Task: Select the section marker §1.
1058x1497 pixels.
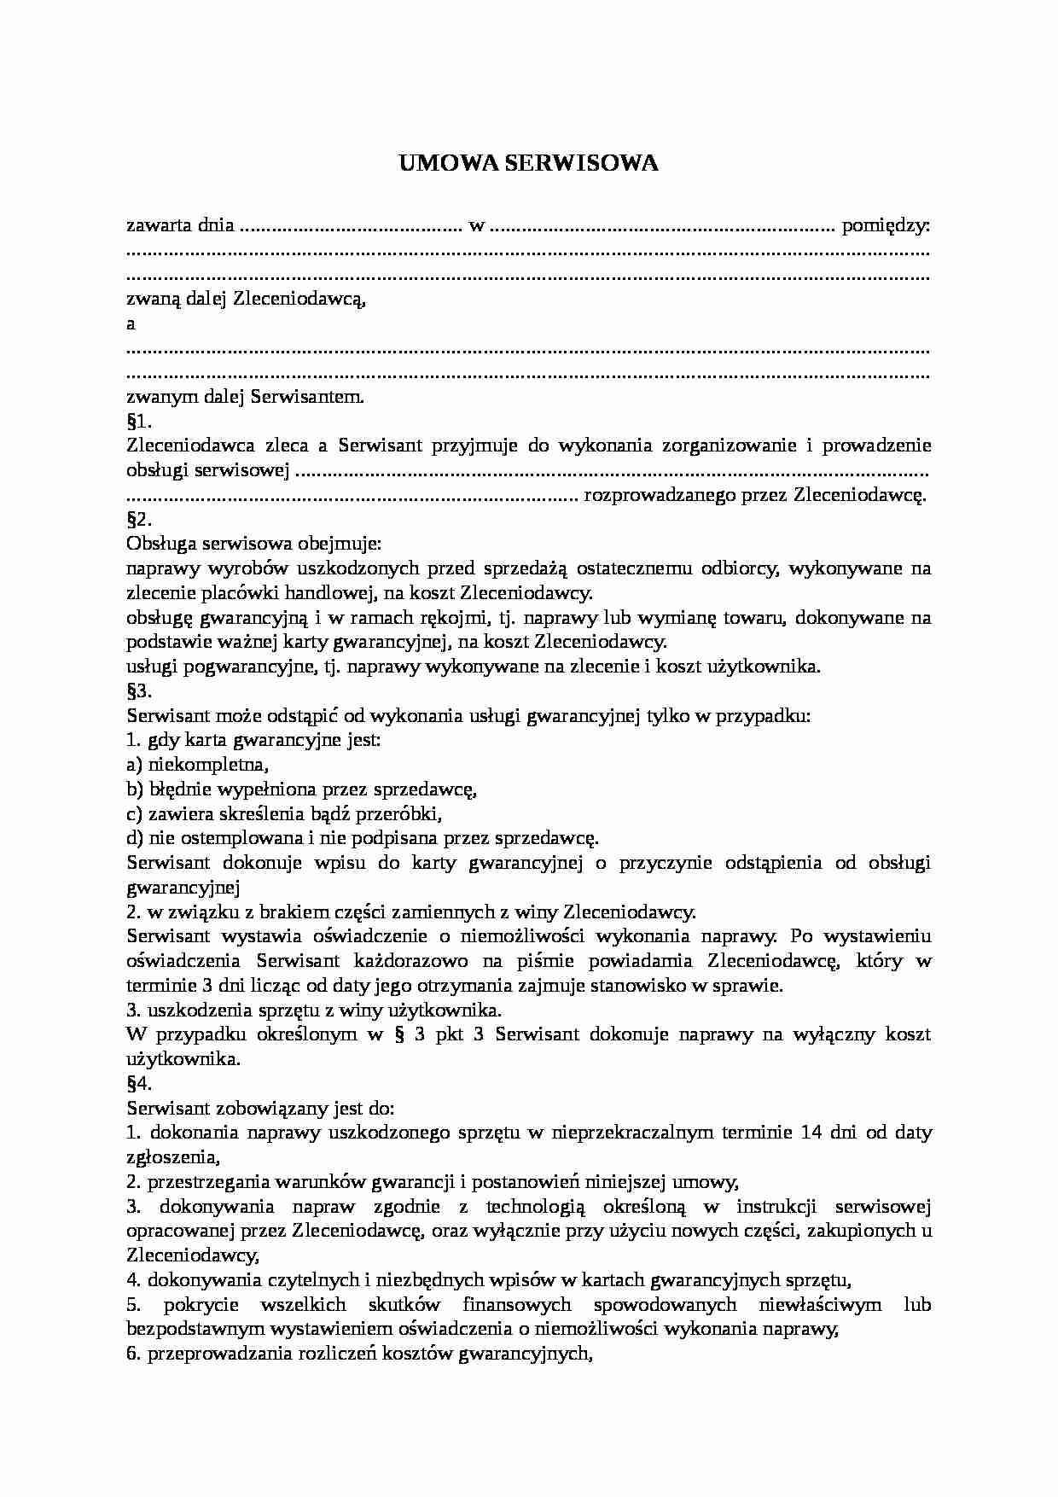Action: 138,421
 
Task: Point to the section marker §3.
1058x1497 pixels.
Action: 138,691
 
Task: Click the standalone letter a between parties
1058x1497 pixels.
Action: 131,324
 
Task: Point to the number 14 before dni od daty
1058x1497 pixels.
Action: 813,1133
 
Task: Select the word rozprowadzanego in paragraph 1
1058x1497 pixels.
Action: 652,495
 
